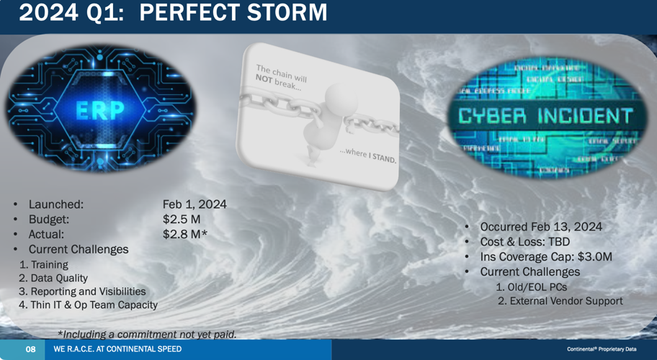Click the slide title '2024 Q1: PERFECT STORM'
(173, 13)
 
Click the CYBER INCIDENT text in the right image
(545, 116)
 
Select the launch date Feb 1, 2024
(195, 204)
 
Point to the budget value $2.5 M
(182, 220)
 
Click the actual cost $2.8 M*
(185, 234)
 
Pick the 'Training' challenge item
(49, 264)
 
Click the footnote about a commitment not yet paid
(147, 334)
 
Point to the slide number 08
(31, 349)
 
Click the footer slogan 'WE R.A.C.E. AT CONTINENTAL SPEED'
(117, 349)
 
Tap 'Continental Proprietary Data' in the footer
(602, 349)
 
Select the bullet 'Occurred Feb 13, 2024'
(541, 227)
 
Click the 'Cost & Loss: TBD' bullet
(525, 242)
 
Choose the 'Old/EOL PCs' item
(532, 287)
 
